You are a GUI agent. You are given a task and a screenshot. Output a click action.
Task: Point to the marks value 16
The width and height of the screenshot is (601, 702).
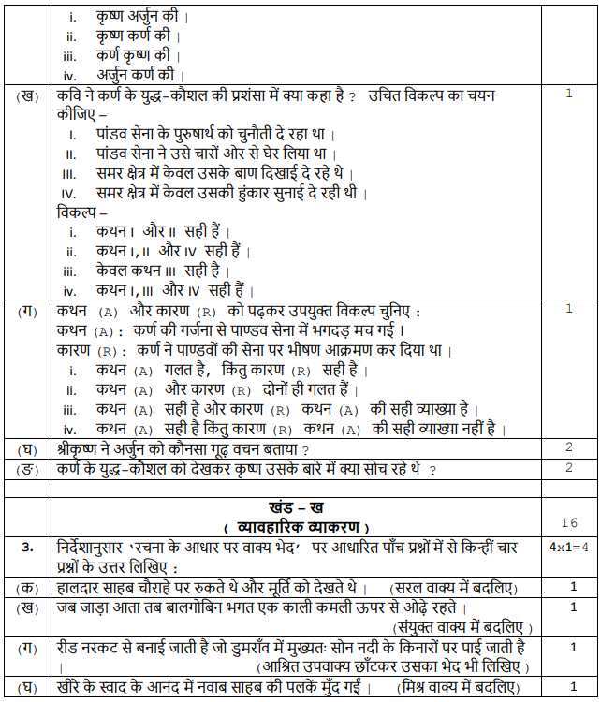(x=569, y=522)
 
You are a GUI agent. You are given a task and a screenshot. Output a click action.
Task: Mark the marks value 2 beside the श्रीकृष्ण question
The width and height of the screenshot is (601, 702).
(x=569, y=447)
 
